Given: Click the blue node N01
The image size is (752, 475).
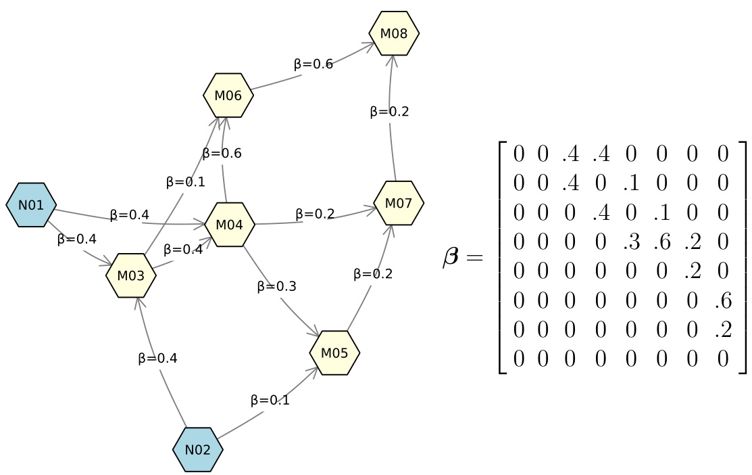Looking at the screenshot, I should [31, 204].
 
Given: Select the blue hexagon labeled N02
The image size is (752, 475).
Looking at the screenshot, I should [198, 449].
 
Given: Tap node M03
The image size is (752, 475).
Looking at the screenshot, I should [131, 275].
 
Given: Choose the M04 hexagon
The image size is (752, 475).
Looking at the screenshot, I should [230, 224].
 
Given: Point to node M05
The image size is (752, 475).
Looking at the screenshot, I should [334, 353].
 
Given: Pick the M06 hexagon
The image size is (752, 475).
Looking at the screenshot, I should [228, 95].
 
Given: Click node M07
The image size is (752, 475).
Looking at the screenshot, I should [399, 202].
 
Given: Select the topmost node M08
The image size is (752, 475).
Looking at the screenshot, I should [394, 33].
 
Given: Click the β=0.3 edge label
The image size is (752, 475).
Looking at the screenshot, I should [276, 286].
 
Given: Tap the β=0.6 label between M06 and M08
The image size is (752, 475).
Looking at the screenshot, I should [313, 64].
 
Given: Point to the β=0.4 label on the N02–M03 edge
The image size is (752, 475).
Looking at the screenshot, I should [157, 358].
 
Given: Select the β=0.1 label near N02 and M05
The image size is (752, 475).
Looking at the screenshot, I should [270, 400].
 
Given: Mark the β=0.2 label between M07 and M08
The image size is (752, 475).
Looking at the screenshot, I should [389, 112].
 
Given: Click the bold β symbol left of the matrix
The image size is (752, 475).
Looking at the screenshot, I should [451, 258].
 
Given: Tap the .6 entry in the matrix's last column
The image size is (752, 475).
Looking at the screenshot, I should [722, 299].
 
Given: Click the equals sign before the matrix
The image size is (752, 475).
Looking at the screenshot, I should [475, 258].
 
